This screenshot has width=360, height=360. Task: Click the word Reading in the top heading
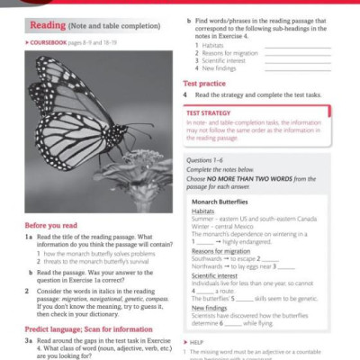40,24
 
